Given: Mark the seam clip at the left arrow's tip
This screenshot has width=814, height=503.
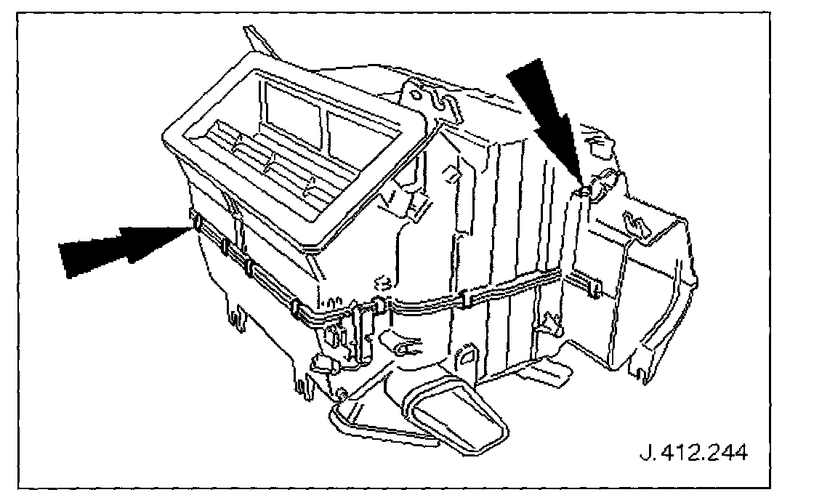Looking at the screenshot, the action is pyautogui.click(x=195, y=220).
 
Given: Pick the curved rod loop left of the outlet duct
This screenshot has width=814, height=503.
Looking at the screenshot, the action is pyautogui.click(x=363, y=425).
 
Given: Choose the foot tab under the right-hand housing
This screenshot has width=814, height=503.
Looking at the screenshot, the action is pyautogui.click(x=640, y=371).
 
